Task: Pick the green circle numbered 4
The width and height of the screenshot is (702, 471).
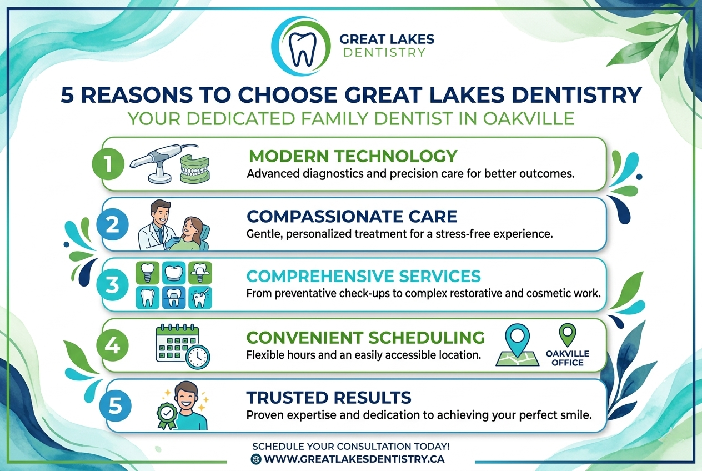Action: pyautogui.click(x=113, y=345)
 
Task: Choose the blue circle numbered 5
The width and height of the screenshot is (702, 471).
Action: pyautogui.click(x=115, y=406)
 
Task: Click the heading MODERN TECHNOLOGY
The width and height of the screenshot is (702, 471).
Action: pyautogui.click(x=352, y=156)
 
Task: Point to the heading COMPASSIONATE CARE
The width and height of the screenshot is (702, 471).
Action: pyautogui.click(x=352, y=216)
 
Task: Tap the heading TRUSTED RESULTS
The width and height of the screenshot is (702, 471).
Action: pyautogui.click(x=329, y=397)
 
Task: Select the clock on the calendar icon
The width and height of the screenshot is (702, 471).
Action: pyautogui.click(x=198, y=357)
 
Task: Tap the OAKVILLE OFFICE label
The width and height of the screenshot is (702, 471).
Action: pyautogui.click(x=567, y=358)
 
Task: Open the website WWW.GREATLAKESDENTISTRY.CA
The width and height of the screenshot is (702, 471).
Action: pyautogui.click(x=354, y=459)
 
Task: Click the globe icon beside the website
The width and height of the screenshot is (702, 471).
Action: pyautogui.click(x=256, y=459)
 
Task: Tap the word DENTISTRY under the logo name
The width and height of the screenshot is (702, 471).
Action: pyautogui.click(x=384, y=53)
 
